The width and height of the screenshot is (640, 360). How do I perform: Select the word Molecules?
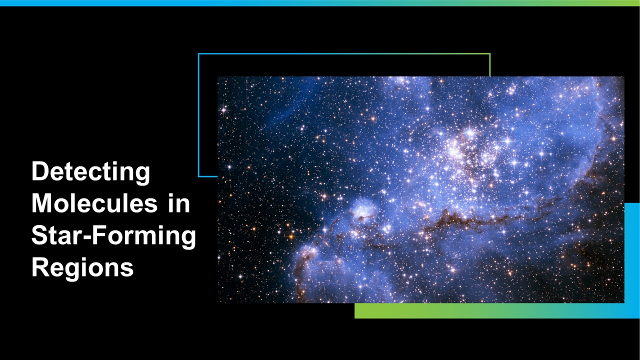coord(94,203)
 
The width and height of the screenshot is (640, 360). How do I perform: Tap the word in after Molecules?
coord(179,203)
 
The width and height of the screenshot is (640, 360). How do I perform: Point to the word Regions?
coord(82,267)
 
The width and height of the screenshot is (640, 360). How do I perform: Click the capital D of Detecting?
coord(40,171)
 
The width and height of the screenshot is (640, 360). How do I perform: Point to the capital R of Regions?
coord(40,267)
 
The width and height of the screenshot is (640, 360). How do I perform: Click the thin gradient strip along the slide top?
coord(320,3)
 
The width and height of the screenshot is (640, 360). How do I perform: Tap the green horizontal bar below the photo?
coord(489,310)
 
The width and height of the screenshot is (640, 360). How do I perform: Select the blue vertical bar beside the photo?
coord(632,253)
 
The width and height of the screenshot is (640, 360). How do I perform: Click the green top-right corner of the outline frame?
coord(490,53)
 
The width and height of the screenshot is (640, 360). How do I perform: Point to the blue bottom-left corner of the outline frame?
coord(199,176)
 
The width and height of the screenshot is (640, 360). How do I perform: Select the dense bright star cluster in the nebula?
coord(471,151)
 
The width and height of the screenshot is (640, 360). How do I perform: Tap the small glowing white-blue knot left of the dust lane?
coord(363,210)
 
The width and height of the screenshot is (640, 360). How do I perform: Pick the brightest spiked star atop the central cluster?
coord(469,132)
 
